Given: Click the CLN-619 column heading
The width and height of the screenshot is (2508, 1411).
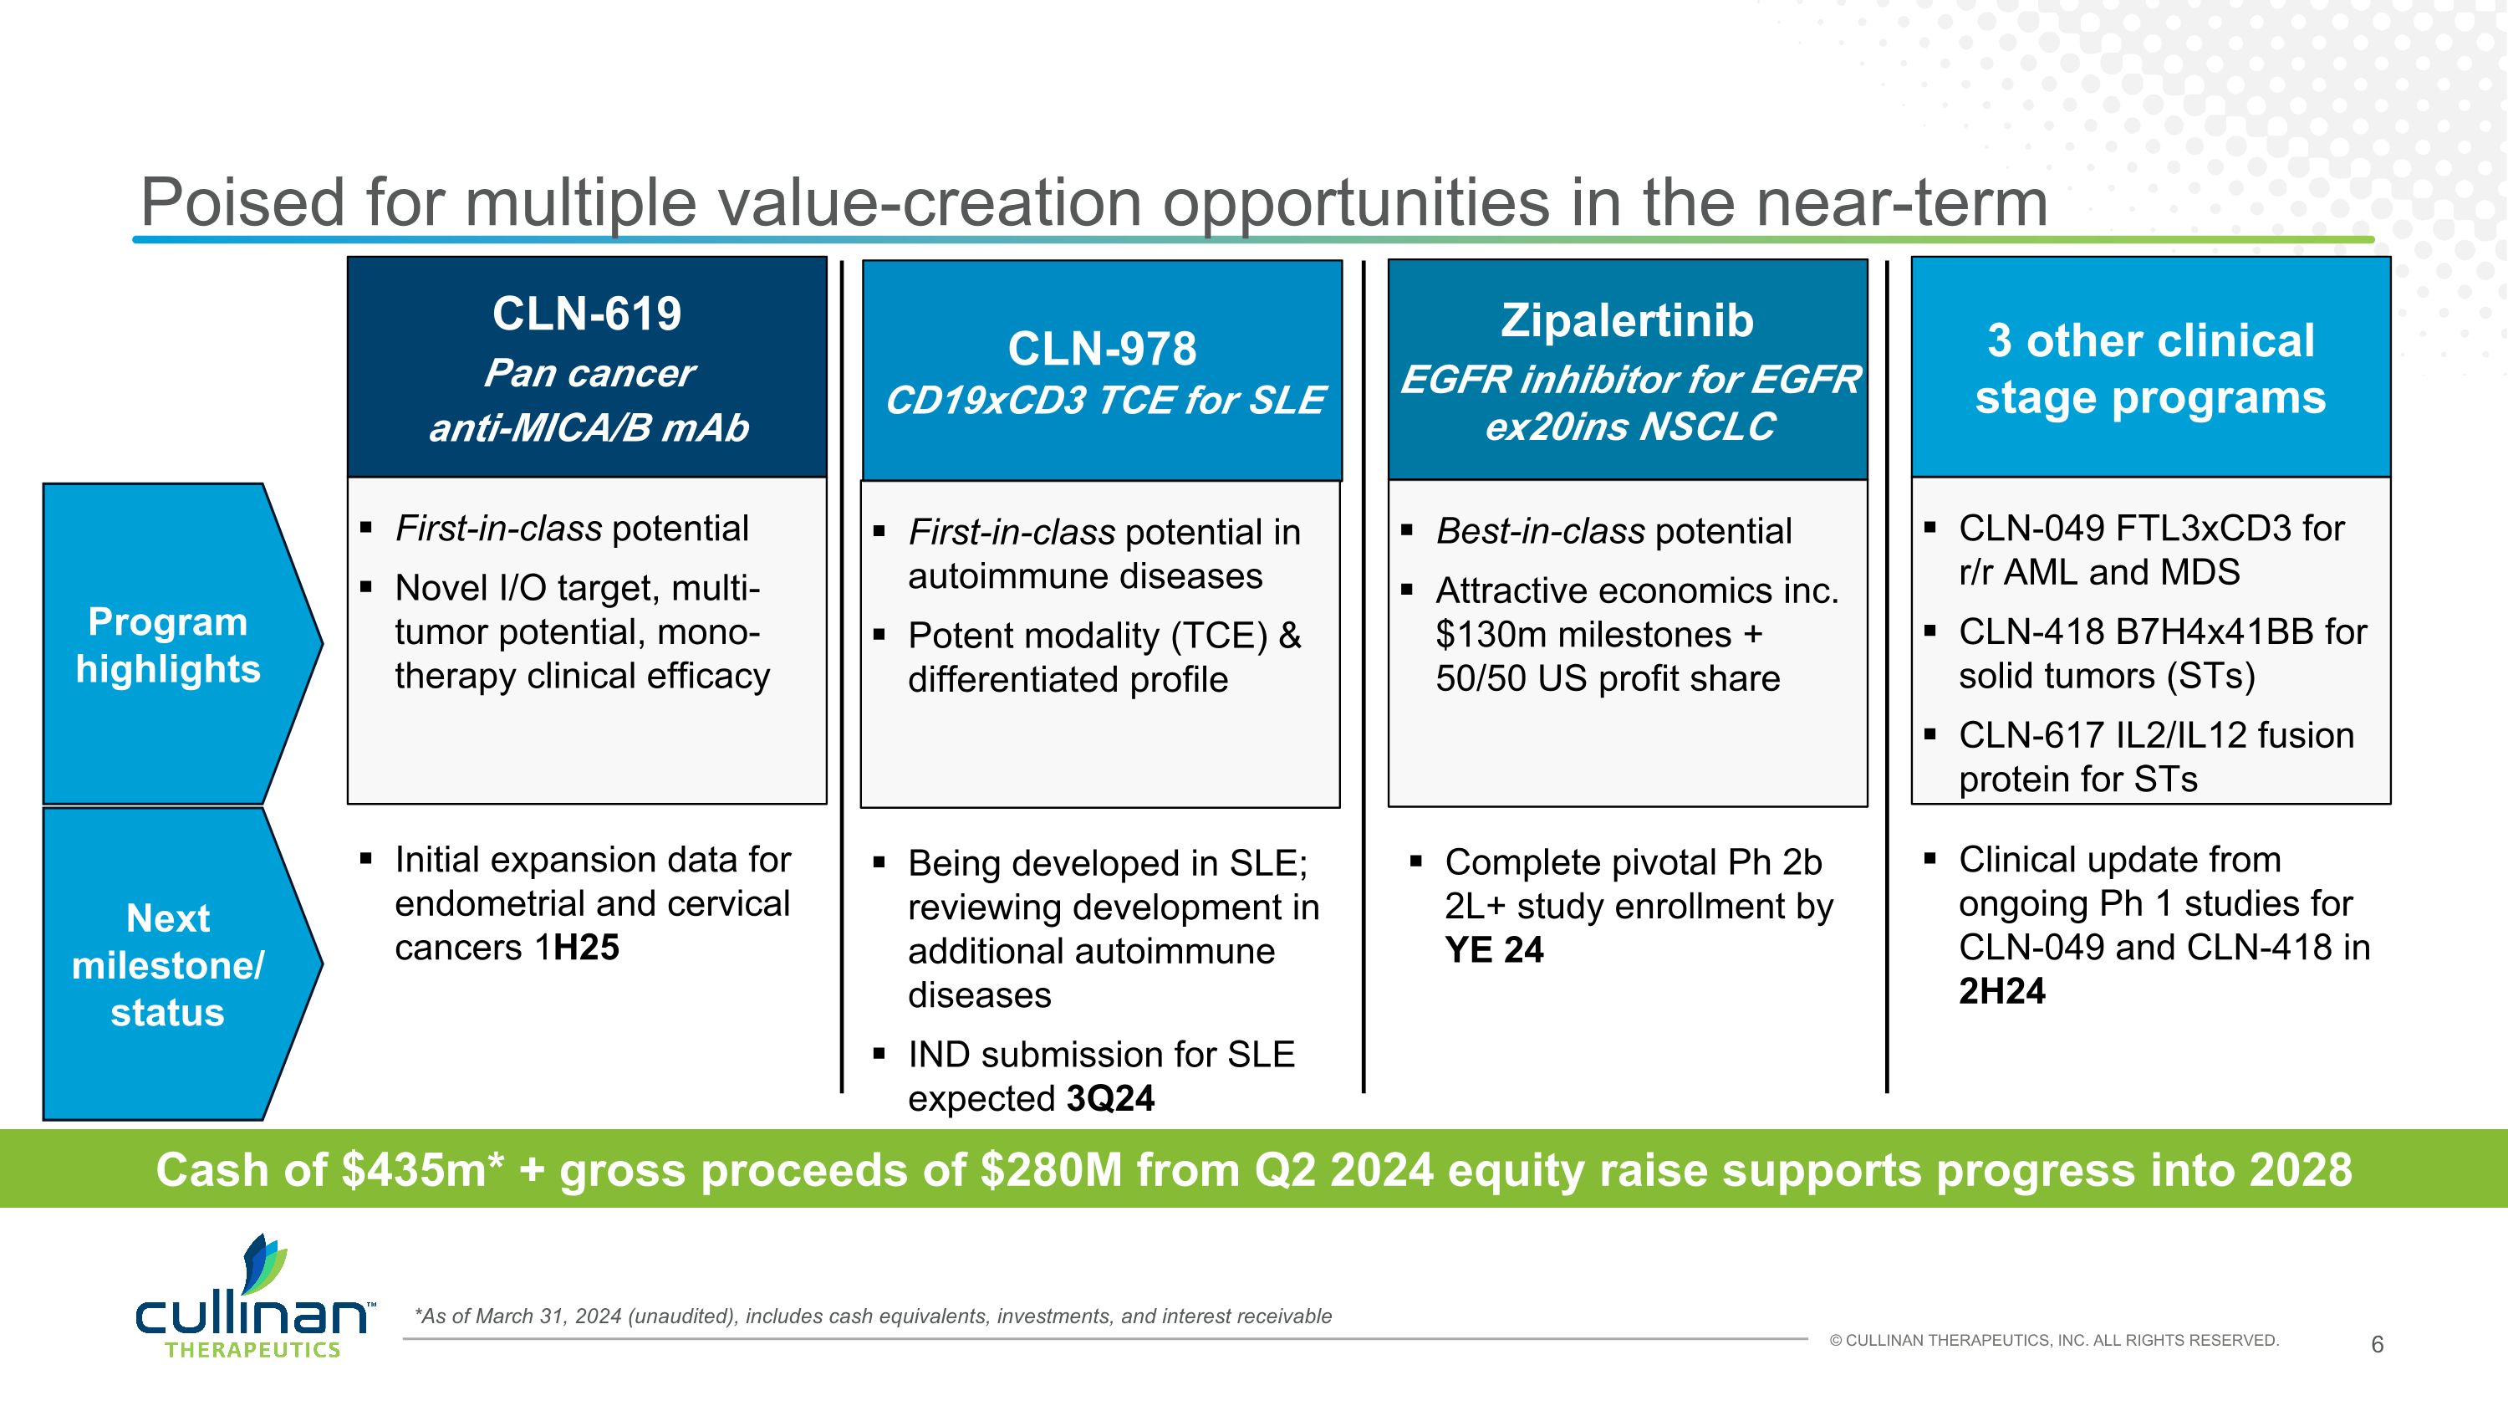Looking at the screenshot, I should (x=586, y=314).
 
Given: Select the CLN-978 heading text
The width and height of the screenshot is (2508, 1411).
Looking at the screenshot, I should (x=1101, y=349).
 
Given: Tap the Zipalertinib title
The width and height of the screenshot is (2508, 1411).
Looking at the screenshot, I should (x=1627, y=320).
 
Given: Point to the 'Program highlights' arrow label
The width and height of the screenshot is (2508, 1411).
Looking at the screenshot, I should (x=167, y=645).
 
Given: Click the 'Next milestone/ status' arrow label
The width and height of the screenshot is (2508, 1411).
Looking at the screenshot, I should (x=167, y=965).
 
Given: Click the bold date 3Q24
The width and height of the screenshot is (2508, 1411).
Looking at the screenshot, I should (x=1110, y=1098).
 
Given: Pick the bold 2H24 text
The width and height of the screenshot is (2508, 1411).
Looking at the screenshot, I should (x=2001, y=991).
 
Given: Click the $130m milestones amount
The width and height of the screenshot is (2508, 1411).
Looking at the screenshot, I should (x=1490, y=635).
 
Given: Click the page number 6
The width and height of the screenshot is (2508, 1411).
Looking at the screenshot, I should (x=2377, y=1345).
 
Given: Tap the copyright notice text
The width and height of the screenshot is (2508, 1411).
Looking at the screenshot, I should (x=2053, y=1341).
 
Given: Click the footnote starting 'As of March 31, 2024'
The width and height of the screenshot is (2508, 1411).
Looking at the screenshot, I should (x=872, y=1316).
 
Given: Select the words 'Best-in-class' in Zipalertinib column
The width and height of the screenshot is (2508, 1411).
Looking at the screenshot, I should (x=1540, y=532).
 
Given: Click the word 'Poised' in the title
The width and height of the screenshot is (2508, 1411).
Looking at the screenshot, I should (x=242, y=202).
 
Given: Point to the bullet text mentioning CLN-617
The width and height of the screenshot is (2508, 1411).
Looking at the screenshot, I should (x=2155, y=757).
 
